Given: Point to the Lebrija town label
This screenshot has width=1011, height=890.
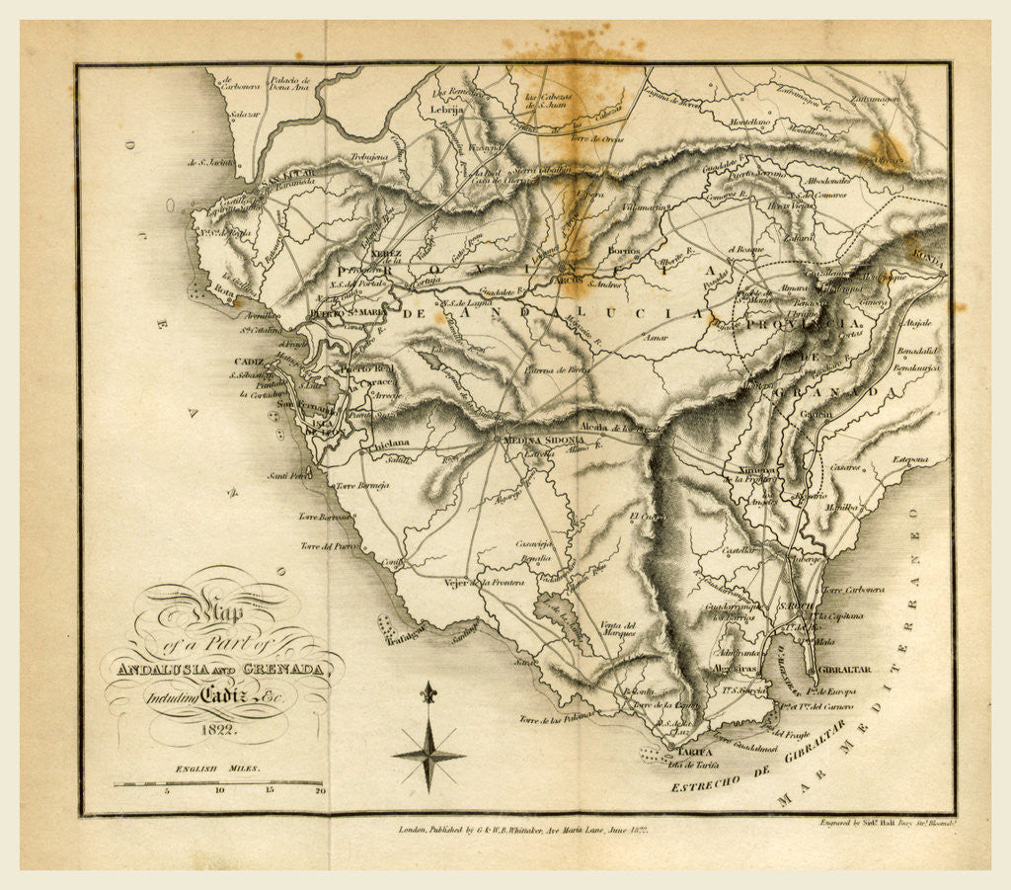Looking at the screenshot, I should (x=446, y=112).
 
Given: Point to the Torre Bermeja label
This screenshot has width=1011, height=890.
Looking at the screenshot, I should (x=362, y=486).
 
